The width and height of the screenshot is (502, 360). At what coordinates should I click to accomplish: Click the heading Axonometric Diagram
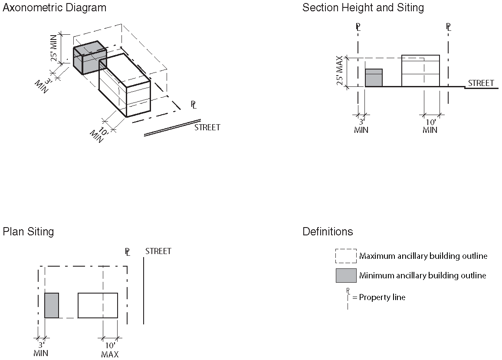pos(54,8)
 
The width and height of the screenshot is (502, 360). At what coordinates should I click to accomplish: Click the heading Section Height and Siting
pos(363,8)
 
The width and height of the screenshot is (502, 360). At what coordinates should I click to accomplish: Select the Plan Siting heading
pos(28,231)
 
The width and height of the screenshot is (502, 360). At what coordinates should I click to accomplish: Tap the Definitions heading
pos(328,231)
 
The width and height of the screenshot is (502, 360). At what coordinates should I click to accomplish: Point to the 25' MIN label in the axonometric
pos(55,50)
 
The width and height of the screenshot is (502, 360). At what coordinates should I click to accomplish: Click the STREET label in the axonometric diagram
pos(207,128)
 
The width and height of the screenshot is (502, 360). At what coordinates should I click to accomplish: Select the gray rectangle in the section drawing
pos(374,78)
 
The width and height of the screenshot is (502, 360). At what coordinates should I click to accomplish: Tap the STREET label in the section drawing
pos(481,83)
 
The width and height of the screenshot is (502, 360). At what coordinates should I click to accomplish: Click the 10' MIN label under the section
pos(430,126)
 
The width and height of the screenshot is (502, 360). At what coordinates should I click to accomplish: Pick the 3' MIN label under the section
pos(361,126)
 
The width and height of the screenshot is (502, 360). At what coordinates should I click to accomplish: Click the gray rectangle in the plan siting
pos(52,305)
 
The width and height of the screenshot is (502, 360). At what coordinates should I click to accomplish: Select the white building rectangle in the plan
pos(98,305)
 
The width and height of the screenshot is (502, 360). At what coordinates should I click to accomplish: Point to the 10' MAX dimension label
pos(110,350)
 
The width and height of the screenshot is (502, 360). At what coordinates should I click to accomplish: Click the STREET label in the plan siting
pos(158,251)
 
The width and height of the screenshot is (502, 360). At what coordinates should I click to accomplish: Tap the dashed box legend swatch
pos(346,256)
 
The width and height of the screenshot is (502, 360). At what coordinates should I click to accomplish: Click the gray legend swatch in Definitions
pos(346,275)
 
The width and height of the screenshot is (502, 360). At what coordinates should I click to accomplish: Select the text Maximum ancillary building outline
pos(423,256)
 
